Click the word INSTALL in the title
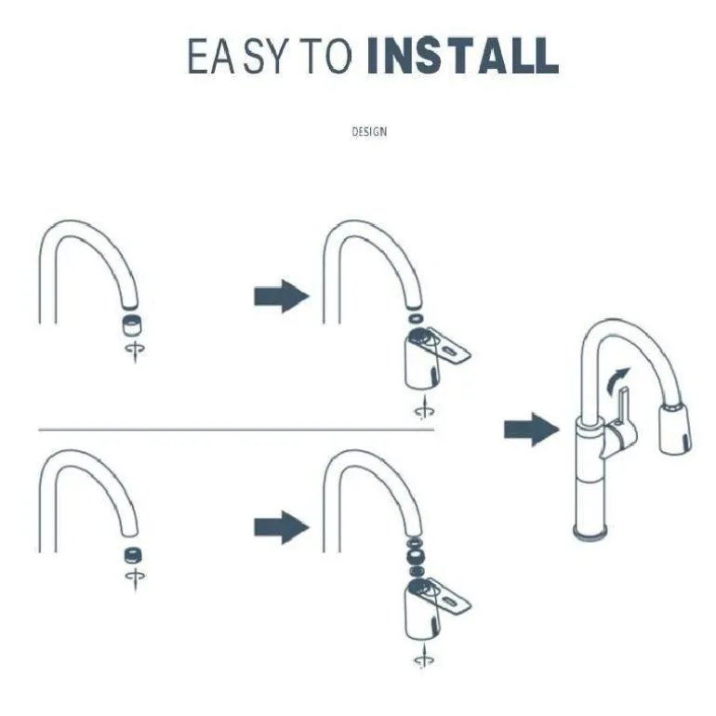click(463, 55)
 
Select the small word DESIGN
click(369, 132)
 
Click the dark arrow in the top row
click(281, 297)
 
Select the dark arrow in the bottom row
click(281, 527)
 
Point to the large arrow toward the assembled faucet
click(531, 430)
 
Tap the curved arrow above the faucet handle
click(617, 380)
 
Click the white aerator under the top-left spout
click(131, 325)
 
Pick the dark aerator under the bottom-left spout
click(133, 555)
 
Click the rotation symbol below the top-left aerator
click(135, 351)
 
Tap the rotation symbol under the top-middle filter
click(424, 408)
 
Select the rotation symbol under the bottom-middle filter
click(424, 656)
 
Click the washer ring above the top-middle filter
click(416, 318)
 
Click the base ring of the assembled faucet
click(590, 533)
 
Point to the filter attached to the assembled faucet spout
click(675, 429)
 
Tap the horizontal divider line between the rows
click(236, 430)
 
